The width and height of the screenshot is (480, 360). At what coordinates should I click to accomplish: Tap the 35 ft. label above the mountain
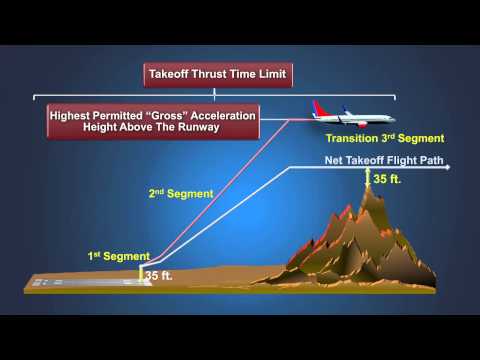point(388,179)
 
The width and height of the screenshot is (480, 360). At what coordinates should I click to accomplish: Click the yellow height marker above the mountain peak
point(368,178)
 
